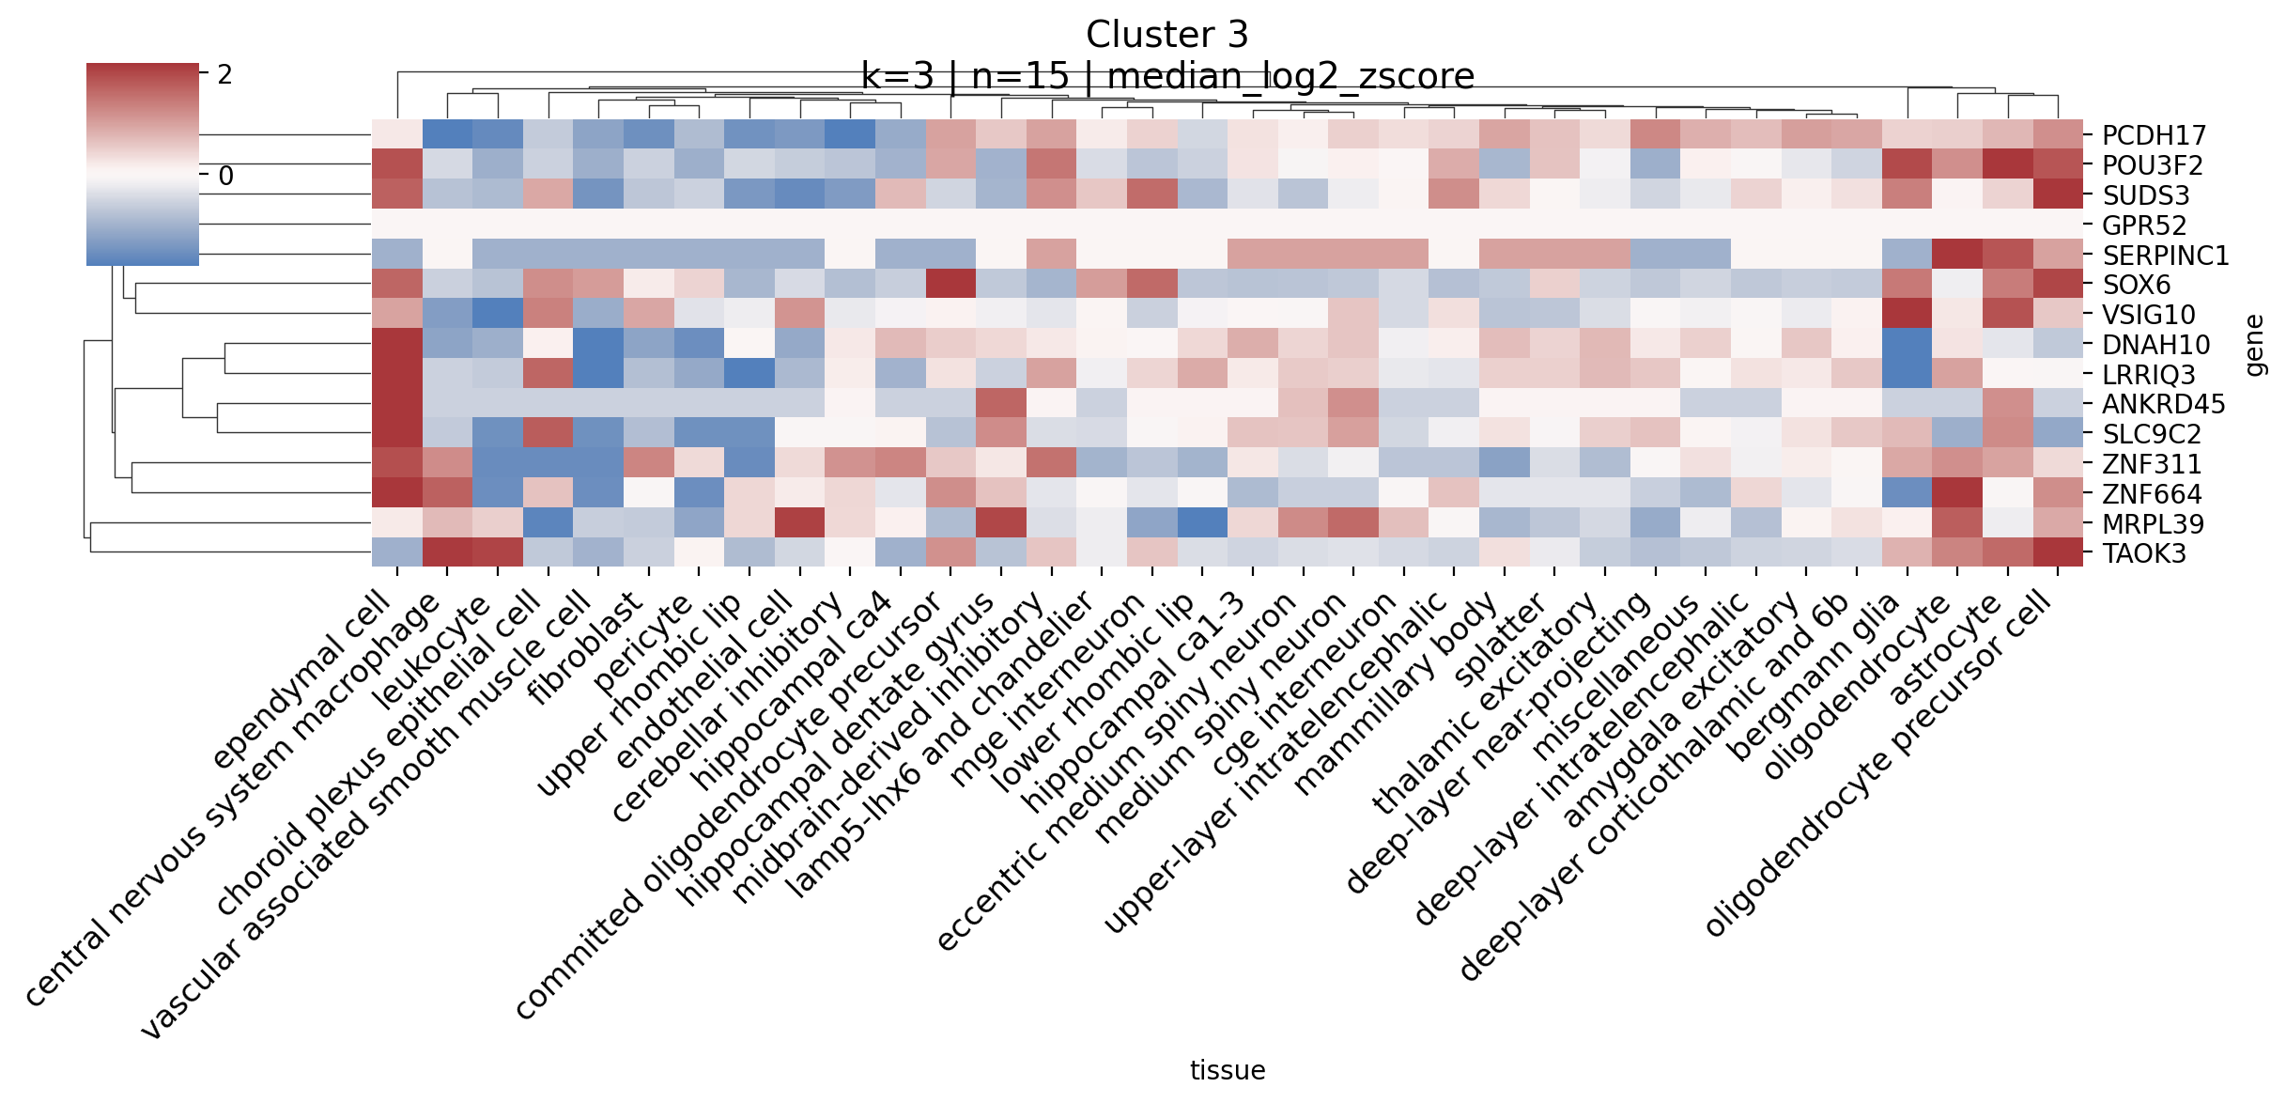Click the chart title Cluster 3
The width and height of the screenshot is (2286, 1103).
tap(1166, 35)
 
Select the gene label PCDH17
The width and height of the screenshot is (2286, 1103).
tap(2152, 135)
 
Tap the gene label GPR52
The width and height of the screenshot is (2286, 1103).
tap(2144, 225)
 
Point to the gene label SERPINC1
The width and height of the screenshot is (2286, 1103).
tap(2165, 256)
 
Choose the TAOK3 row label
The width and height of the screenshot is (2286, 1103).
tap(2143, 553)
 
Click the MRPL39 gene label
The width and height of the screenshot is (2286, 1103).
tap(2153, 524)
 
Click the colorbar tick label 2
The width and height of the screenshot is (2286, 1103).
tap(224, 75)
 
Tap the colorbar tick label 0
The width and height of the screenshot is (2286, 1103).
tap(225, 176)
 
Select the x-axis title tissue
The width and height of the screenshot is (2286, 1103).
tap(1228, 1070)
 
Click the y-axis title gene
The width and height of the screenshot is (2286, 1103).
tap(2254, 346)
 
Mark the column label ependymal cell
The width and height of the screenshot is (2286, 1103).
tap(301, 679)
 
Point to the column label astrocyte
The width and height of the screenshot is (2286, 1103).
tap(1945, 649)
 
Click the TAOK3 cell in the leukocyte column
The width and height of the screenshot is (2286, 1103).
tap(498, 552)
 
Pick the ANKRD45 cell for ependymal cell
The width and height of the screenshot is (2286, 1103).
tap(397, 404)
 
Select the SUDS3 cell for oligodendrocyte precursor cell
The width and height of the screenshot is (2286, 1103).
tap(2058, 195)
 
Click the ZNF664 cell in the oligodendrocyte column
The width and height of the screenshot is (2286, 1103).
tap(1957, 493)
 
